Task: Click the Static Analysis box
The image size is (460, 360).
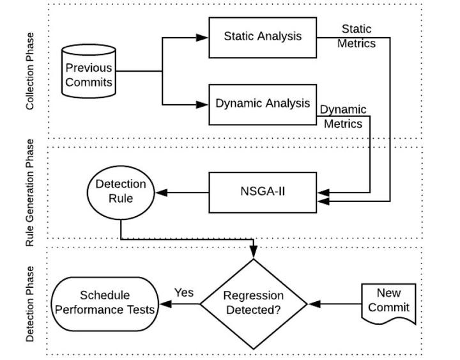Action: point(263,37)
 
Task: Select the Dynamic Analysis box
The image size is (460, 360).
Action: point(263,104)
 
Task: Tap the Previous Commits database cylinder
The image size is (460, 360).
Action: point(89,72)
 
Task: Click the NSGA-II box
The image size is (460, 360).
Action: point(263,192)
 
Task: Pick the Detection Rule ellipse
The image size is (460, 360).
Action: point(121,191)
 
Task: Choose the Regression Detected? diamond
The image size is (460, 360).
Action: point(254,304)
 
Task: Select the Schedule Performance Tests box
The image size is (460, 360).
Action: point(105,303)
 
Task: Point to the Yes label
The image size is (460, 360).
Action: point(184,293)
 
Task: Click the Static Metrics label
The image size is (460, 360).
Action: point(356,36)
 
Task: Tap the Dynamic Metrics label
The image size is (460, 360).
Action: point(343,116)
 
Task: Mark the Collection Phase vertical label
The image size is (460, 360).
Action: point(30,71)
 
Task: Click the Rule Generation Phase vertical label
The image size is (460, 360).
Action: point(30,193)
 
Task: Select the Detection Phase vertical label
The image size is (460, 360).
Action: point(30,304)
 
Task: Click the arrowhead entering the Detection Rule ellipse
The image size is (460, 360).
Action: point(162,192)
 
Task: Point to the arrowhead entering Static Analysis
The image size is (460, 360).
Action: point(203,38)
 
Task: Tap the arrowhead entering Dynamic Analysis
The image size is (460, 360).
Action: point(203,104)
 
